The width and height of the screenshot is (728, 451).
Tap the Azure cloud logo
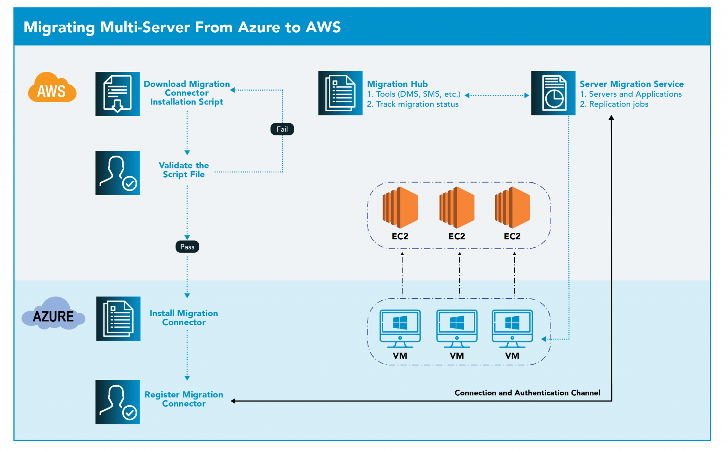53,315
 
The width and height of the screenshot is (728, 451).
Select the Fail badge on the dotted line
282,129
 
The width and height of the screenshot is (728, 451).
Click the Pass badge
187,247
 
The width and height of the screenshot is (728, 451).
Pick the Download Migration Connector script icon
117,94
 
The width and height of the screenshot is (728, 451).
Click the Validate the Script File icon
117,173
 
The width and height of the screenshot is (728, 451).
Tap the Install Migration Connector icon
118,318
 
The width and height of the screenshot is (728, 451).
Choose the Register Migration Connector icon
117,402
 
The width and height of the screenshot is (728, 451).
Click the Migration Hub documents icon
340,93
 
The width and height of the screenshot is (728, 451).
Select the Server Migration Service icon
553,93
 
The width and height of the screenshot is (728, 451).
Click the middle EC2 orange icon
457,208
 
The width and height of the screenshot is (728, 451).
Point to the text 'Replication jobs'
619,104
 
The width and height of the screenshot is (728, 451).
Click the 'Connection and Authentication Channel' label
527,393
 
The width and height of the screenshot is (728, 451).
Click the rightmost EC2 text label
512,236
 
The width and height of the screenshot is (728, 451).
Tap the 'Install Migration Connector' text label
184,318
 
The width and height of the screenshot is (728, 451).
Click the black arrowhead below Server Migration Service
611,118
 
